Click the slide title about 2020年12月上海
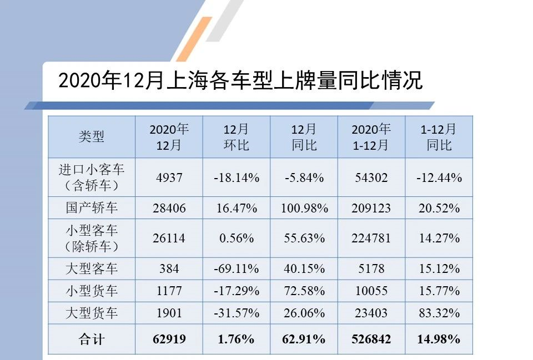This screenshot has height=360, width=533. (240, 81)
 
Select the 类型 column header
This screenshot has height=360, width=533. (92, 136)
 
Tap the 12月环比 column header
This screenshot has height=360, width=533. (236, 136)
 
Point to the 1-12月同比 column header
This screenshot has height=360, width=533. (439, 136)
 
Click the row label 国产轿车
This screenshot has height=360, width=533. (92, 208)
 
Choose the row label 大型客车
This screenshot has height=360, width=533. (92, 268)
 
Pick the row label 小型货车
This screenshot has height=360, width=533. (92, 291)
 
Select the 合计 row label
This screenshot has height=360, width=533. (92, 339)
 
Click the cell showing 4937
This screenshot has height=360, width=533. (169, 178)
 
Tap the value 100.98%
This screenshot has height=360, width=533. (304, 208)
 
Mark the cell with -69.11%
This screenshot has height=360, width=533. (236, 268)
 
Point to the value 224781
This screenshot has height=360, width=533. (371, 238)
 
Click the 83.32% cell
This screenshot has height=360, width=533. (439, 313)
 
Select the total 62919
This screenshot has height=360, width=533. (169, 339)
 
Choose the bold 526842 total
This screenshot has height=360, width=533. (371, 339)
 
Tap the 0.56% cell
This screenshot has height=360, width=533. (236, 238)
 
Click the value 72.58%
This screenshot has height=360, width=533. (304, 291)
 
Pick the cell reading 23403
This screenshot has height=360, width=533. (371, 313)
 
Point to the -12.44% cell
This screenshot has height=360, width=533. (439, 178)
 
